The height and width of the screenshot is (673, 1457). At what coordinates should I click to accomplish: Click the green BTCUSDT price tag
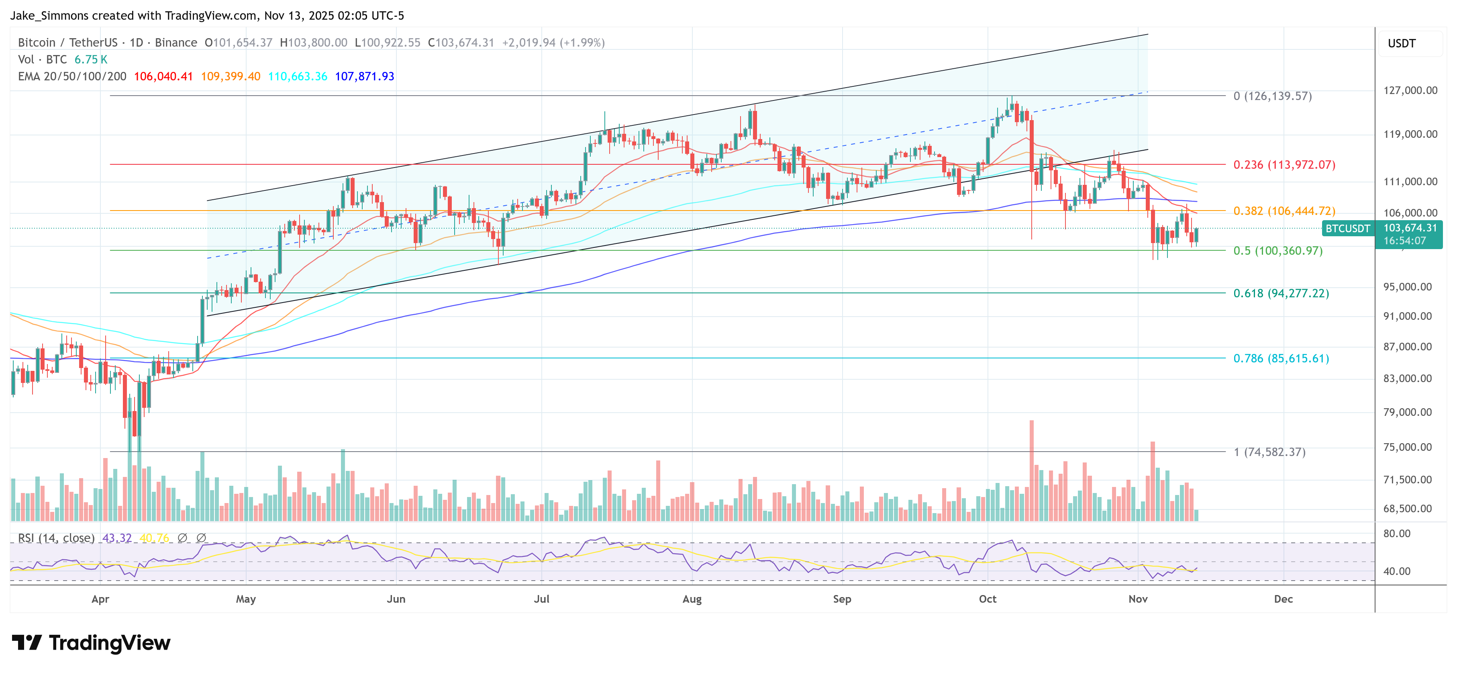(x=1348, y=229)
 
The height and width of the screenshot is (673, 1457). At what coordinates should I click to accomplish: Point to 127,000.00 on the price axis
(x=1410, y=90)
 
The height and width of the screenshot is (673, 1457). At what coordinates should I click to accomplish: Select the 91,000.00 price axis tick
(x=1407, y=316)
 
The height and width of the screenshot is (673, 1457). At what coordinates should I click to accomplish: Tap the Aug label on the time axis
(x=692, y=599)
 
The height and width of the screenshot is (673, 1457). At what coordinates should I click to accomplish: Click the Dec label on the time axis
(x=1284, y=599)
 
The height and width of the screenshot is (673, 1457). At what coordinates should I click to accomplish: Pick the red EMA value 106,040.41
(x=163, y=76)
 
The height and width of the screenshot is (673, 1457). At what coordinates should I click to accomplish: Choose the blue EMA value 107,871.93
(x=364, y=76)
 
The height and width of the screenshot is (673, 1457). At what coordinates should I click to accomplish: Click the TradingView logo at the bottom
(x=91, y=643)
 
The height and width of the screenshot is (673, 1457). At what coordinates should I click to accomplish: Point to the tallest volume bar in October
(x=1032, y=470)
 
